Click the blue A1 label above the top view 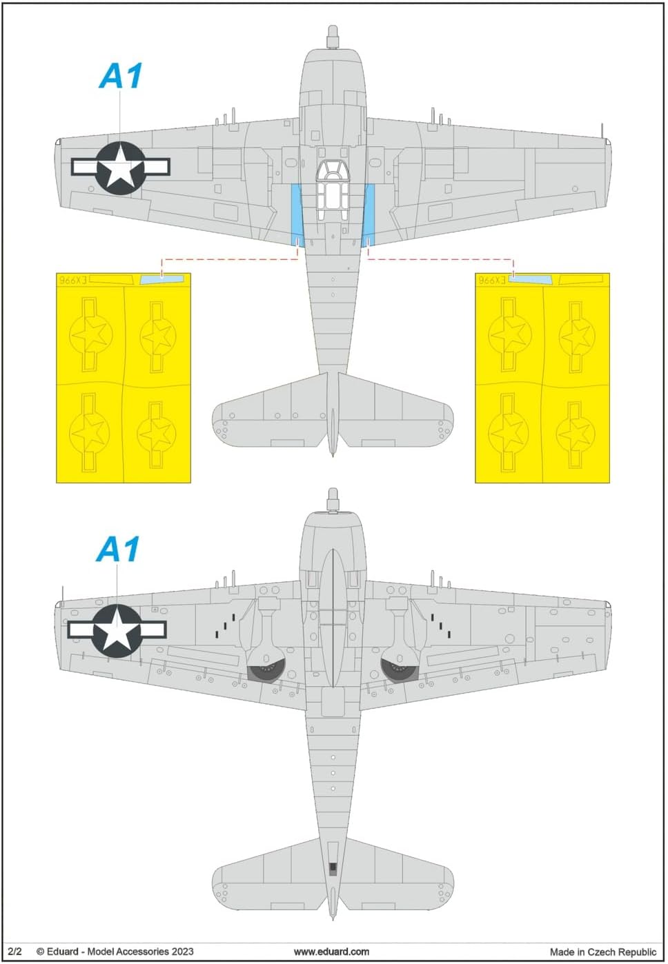[121, 76]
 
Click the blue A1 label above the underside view [118, 550]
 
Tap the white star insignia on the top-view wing [120, 167]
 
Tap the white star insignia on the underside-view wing [117, 630]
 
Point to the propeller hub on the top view [333, 35]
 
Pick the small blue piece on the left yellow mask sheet [161, 279]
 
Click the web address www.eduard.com [331, 952]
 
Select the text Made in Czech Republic [603, 952]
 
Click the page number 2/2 [14, 952]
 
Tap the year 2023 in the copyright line [182, 952]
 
